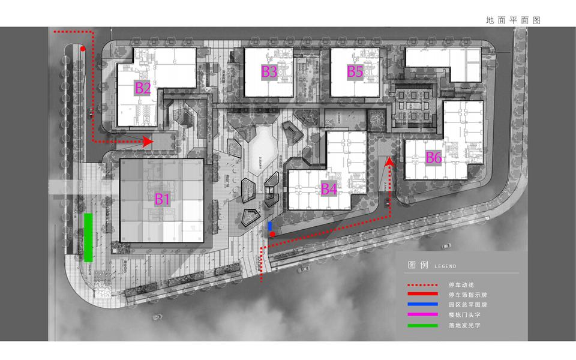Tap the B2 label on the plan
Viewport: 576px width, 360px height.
point(143,88)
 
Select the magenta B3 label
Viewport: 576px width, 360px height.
point(269,72)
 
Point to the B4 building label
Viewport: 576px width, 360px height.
point(329,190)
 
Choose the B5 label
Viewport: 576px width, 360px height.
point(355,72)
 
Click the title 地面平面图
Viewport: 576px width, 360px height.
point(514,20)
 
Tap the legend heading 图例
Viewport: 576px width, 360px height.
point(416,265)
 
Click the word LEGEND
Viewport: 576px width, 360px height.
point(443,266)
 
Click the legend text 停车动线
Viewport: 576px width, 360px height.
point(460,285)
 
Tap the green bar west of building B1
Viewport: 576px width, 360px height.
point(88,238)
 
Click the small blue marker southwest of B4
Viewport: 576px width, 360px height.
point(270,226)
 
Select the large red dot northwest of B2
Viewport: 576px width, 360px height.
point(83,49)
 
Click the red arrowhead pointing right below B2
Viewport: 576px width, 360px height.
point(147,142)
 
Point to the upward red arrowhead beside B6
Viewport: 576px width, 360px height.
point(389,160)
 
